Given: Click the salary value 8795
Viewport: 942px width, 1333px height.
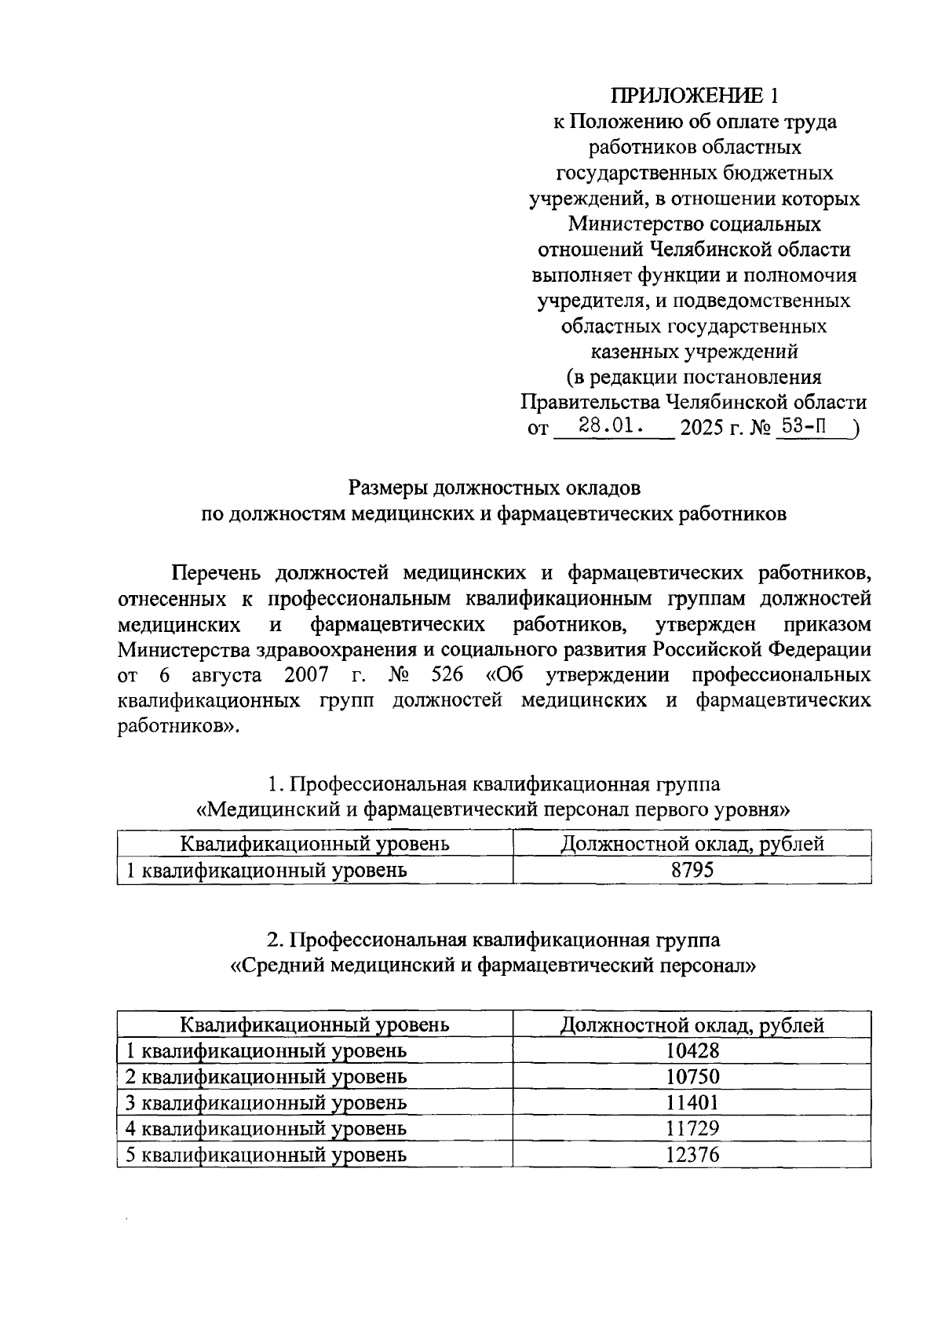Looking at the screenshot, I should tap(692, 870).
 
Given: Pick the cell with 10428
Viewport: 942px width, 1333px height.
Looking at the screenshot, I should tap(692, 1050).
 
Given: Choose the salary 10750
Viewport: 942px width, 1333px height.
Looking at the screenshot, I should tap(692, 1076).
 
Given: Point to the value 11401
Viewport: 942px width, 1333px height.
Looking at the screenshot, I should tap(692, 1102).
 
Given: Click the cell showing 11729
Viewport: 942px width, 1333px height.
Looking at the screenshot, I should tap(692, 1128).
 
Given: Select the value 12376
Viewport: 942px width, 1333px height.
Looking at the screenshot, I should tap(692, 1154).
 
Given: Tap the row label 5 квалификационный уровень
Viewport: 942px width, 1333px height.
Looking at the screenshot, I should tap(266, 1154).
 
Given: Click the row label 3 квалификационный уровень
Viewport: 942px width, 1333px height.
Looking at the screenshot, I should tap(266, 1102).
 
